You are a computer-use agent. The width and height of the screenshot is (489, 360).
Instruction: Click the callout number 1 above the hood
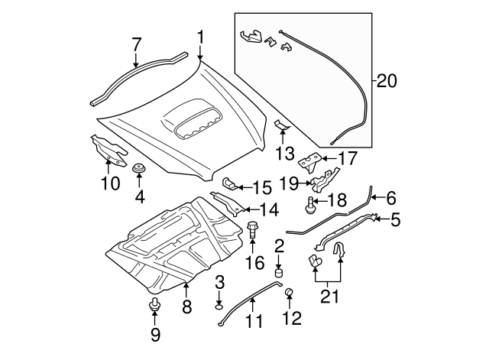[200, 37]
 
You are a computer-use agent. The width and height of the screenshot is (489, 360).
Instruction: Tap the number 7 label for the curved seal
[136, 44]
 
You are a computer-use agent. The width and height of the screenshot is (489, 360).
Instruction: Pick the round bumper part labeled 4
[138, 168]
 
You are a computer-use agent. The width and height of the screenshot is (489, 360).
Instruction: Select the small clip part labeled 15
[230, 183]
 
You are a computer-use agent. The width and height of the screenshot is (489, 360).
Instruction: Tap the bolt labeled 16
[253, 227]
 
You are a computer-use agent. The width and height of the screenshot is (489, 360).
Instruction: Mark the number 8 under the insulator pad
[186, 308]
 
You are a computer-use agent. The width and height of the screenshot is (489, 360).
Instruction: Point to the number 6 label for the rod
[391, 198]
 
